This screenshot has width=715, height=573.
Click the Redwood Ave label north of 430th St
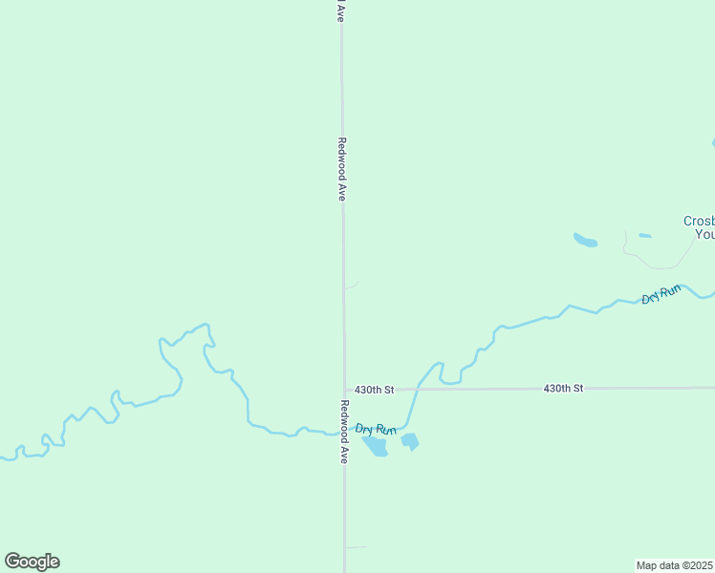pyautogui.click(x=341, y=168)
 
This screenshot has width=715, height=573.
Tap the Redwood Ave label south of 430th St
pyautogui.click(x=343, y=432)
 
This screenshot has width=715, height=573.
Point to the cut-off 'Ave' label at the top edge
pyautogui.click(x=339, y=11)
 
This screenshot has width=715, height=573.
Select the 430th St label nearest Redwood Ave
pyautogui.click(x=374, y=390)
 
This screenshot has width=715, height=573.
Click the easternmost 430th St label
pyautogui.click(x=563, y=389)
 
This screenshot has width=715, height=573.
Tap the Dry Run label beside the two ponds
pyautogui.click(x=376, y=430)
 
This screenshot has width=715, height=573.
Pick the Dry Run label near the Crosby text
pyautogui.click(x=661, y=294)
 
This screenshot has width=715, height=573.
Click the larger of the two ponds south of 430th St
pyautogui.click(x=376, y=446)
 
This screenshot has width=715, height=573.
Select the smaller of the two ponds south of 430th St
pyautogui.click(x=410, y=441)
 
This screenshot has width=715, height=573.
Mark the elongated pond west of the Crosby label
pyautogui.click(x=585, y=240)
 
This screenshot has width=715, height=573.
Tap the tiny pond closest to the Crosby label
pyautogui.click(x=645, y=235)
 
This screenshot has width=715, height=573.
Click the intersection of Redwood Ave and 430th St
pyautogui.click(x=344, y=390)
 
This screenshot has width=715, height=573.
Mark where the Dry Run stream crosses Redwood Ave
pyautogui.click(x=344, y=433)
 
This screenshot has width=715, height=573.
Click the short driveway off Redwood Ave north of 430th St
pyautogui.click(x=352, y=286)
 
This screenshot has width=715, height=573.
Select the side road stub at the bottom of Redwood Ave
pyautogui.click(x=356, y=547)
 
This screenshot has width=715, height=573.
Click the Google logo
pyautogui.click(x=32, y=562)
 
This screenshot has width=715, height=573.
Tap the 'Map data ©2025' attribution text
pyautogui.click(x=675, y=564)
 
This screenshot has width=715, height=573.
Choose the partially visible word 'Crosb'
pyautogui.click(x=699, y=221)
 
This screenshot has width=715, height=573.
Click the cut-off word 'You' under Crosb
pyautogui.click(x=704, y=234)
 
